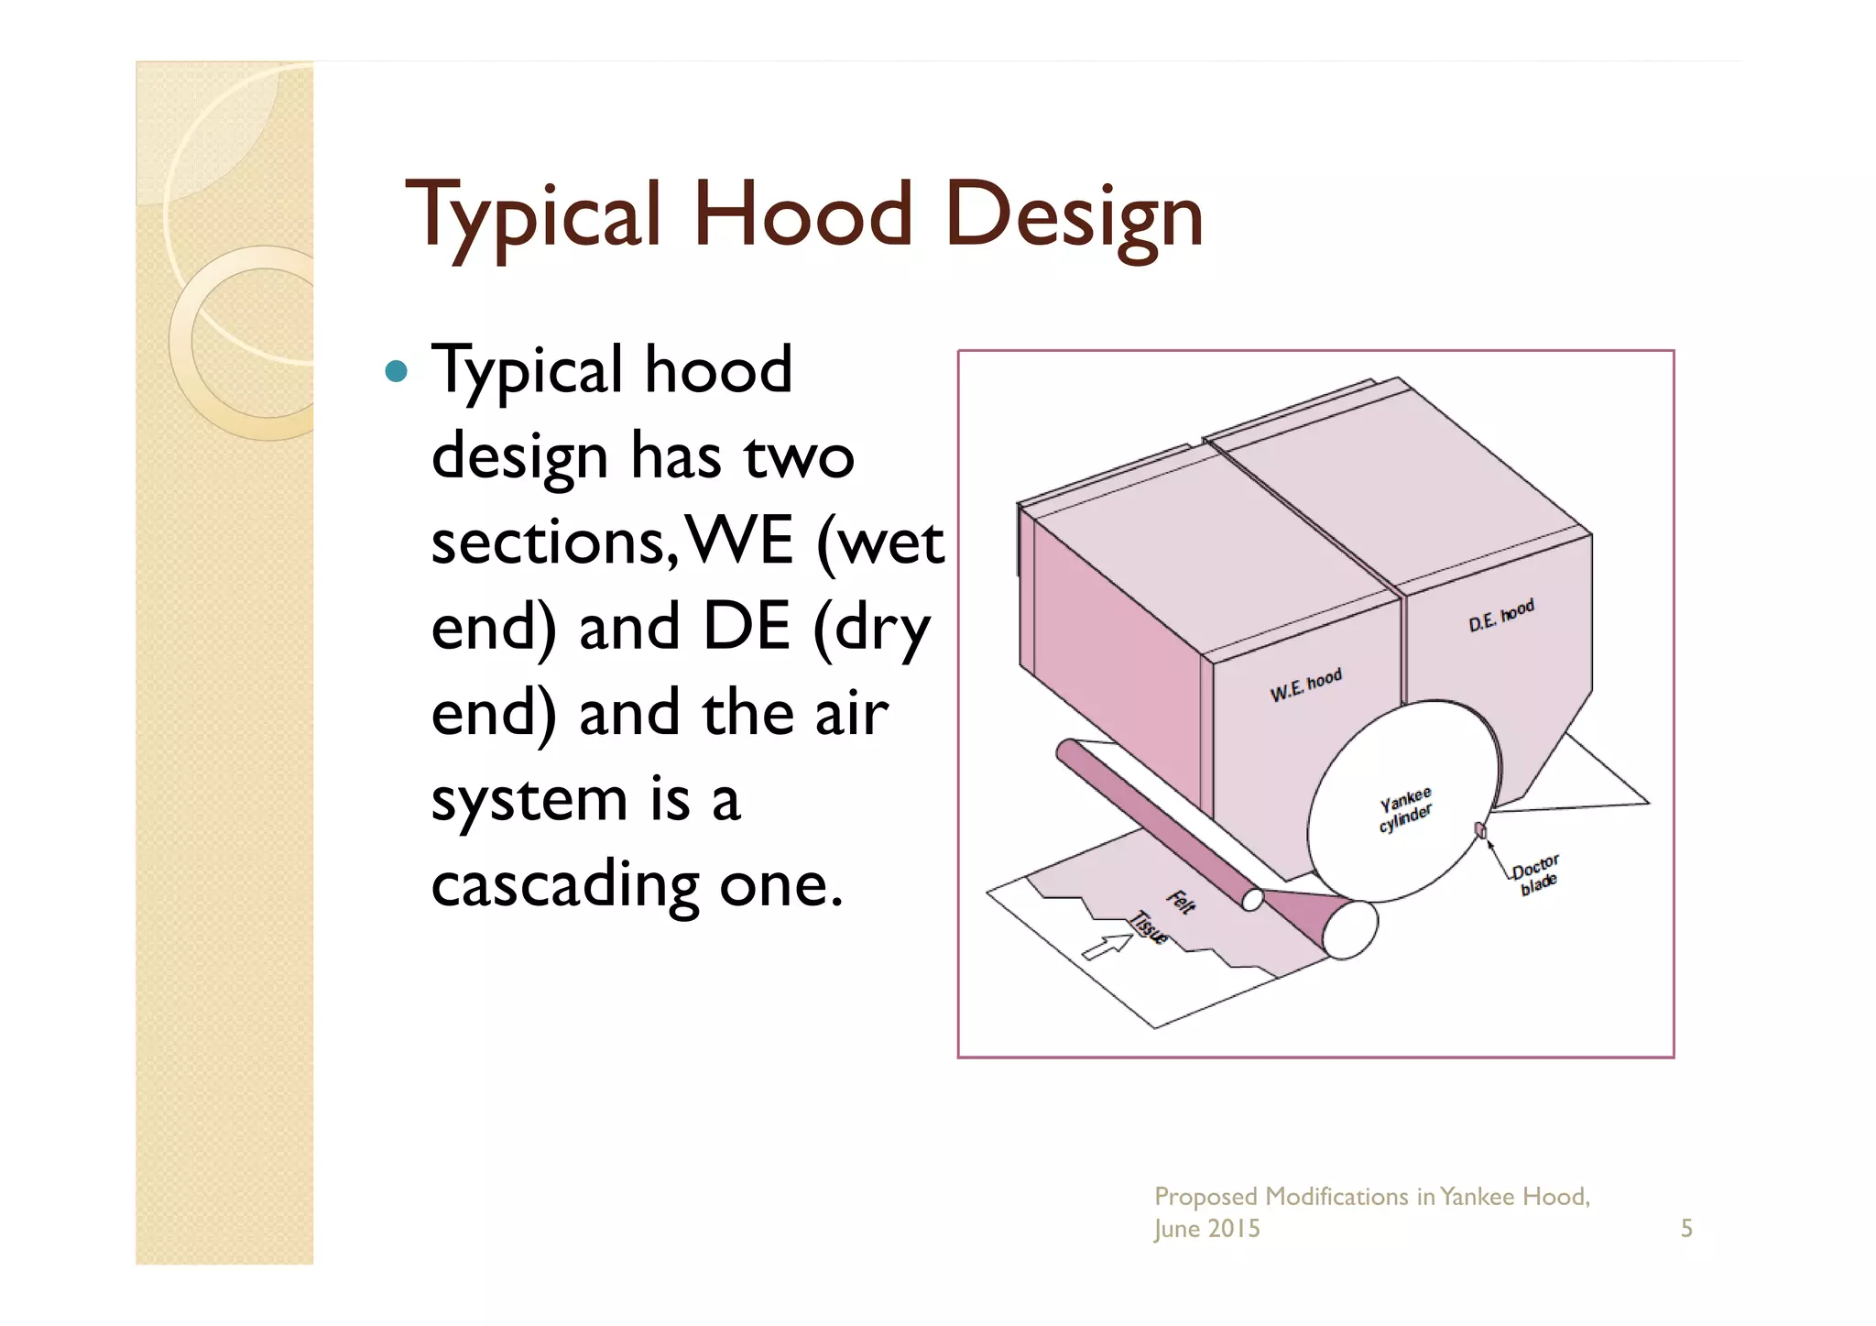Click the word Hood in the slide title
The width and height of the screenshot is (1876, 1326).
[x=802, y=215]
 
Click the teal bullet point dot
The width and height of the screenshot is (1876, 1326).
[x=396, y=371]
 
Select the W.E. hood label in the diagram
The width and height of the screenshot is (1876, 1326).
[x=1305, y=685]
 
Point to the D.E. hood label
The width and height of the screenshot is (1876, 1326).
[x=1500, y=616]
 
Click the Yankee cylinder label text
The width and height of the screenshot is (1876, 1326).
[x=1405, y=808]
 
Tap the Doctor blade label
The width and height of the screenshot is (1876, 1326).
[x=1535, y=874]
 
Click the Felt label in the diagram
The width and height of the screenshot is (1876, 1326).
[x=1182, y=902]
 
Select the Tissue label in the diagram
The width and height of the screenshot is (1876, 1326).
[x=1149, y=927]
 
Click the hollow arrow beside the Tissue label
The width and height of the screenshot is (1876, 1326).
[x=1107, y=946]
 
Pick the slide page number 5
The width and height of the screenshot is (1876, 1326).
[x=1685, y=1228]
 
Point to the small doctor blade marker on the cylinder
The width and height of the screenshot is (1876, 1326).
[x=1479, y=830]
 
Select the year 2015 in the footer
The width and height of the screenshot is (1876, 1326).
[x=1234, y=1228]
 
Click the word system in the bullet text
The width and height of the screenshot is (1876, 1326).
[x=529, y=800]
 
